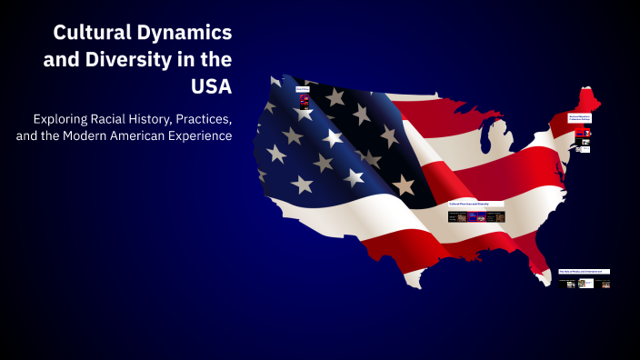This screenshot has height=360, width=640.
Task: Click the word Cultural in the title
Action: (x=89, y=34)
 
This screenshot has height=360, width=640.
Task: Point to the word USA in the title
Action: (x=209, y=88)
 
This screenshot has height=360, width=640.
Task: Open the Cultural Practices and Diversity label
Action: (x=476, y=205)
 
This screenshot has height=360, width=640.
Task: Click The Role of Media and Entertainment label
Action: (x=584, y=271)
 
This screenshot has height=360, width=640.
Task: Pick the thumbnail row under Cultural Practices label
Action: (x=476, y=217)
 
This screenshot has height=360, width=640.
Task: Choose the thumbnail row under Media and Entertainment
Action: (x=587, y=284)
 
